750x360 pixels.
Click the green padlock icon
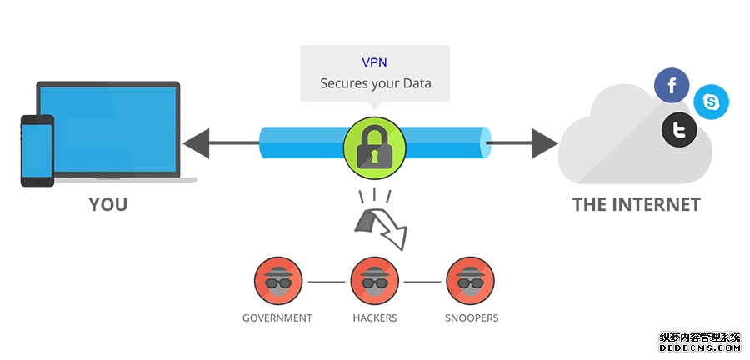click(374, 144)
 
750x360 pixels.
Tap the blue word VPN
click(374, 62)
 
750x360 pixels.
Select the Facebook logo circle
click(672, 85)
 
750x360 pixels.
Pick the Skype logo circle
click(711, 102)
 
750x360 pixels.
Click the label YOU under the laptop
click(108, 204)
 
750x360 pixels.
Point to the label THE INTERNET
click(637, 204)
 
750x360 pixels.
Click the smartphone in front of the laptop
click(37, 150)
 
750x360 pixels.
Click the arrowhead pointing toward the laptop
click(197, 143)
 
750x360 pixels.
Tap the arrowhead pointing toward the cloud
click(545, 143)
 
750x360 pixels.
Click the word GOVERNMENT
click(277, 317)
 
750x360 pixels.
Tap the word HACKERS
click(374, 317)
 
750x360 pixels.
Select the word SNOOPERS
click(471, 317)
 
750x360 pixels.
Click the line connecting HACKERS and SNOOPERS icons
click(422, 282)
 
